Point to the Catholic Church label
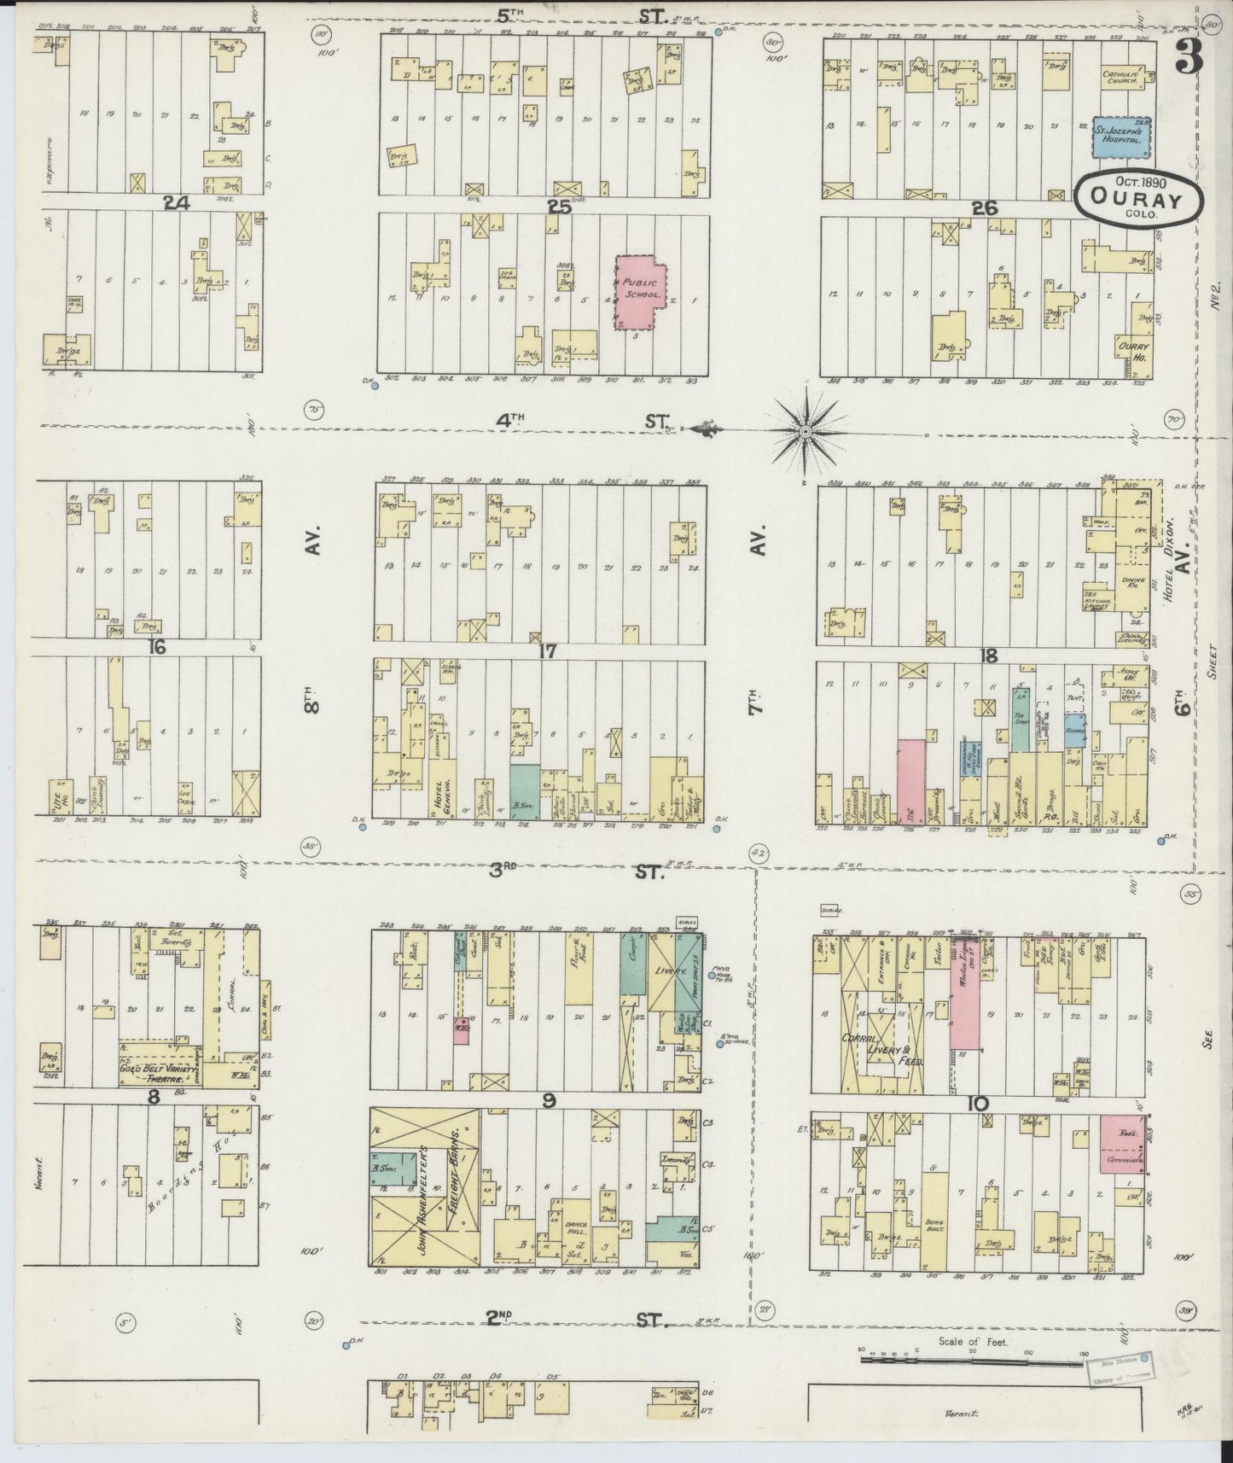[1120, 77]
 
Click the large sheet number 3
[1190, 55]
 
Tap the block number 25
[559, 207]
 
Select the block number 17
[547, 651]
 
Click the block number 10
[978, 1104]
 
